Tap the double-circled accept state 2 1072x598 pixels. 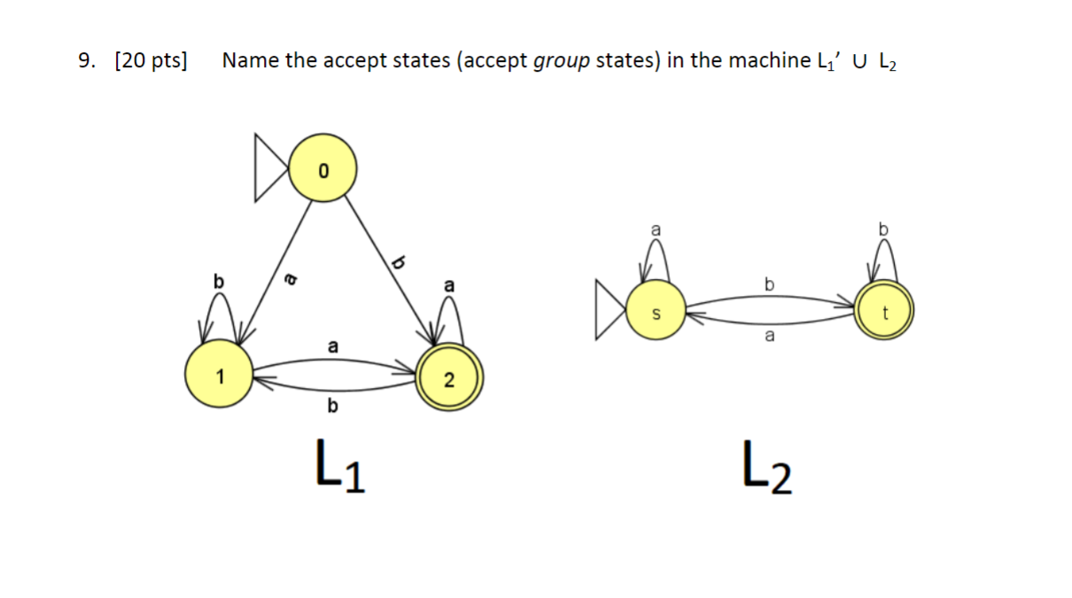tap(449, 378)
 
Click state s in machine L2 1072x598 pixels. tap(656, 311)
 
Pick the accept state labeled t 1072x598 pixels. tap(883, 311)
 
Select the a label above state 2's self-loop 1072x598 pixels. tap(449, 285)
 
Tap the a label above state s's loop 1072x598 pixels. tap(655, 229)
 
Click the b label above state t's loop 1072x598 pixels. tap(882, 229)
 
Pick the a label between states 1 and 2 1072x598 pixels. tap(332, 346)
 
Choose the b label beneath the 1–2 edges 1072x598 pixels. tap(332, 407)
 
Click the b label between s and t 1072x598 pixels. tap(769, 284)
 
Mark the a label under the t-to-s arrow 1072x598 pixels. tap(769, 337)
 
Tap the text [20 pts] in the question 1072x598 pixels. tap(151, 61)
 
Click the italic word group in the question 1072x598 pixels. tap(561, 61)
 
